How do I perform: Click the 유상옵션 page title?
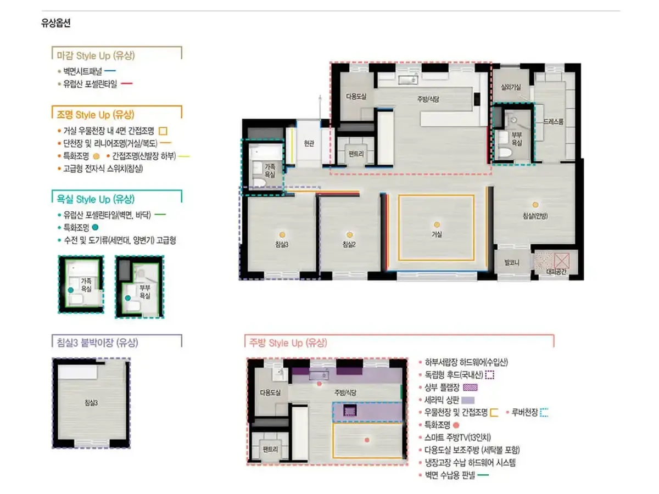click(56, 23)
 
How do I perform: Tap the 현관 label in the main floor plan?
click(309, 143)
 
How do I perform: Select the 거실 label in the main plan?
click(437, 234)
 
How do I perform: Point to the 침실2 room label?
click(349, 244)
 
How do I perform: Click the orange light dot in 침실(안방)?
click(535, 205)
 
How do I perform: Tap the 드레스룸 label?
click(554, 121)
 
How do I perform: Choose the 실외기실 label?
click(511, 87)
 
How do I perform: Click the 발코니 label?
click(512, 263)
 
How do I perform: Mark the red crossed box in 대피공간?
click(561, 261)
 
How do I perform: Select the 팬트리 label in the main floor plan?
click(356, 154)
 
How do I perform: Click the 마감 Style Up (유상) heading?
click(96, 56)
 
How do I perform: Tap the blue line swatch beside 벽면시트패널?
click(110, 71)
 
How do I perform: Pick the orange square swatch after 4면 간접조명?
click(163, 131)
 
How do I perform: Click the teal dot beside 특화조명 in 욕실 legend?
click(95, 227)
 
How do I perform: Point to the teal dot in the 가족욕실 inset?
click(70, 290)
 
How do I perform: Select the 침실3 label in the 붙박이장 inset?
click(91, 403)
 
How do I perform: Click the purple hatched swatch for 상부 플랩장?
click(470, 388)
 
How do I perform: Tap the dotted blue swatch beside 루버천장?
click(544, 413)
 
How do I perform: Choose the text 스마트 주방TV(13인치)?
click(457, 437)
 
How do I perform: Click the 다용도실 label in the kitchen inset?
click(270, 392)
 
